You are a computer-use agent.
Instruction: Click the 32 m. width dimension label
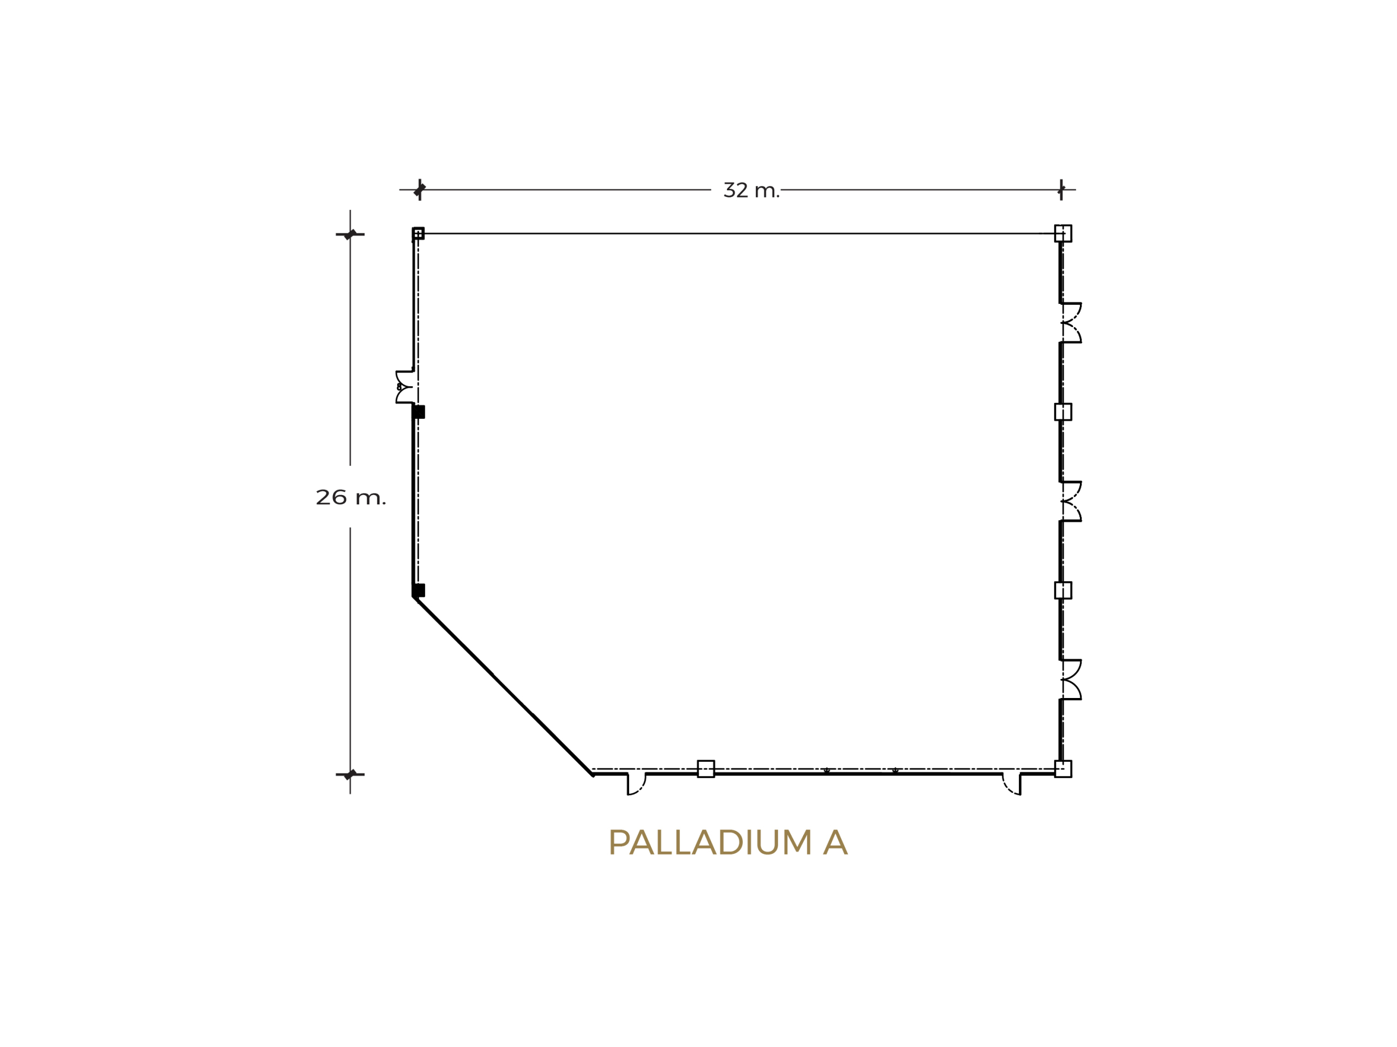tap(751, 190)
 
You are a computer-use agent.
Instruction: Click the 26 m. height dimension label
tap(350, 497)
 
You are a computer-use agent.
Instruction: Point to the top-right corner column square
tap(1063, 233)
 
